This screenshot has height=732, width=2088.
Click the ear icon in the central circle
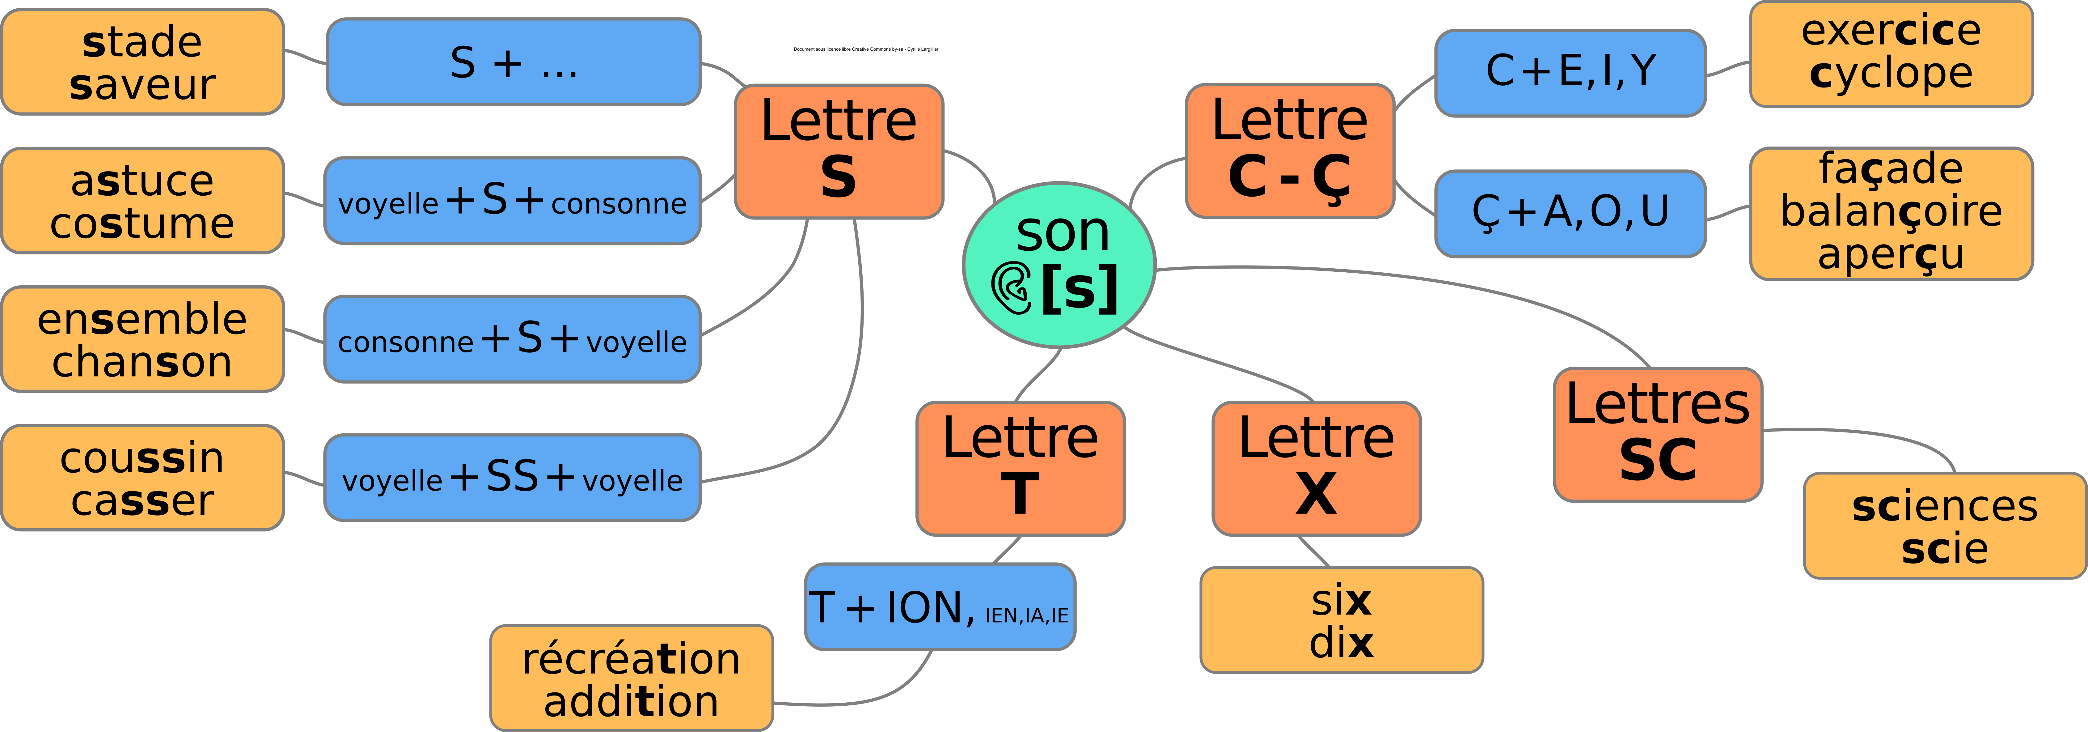point(1011,287)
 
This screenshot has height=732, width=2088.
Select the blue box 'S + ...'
point(513,62)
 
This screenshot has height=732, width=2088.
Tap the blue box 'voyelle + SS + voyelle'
point(512,478)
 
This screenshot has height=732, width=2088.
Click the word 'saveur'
point(143,84)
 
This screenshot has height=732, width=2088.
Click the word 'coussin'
point(143,458)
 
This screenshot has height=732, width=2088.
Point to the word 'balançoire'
point(1891,211)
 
